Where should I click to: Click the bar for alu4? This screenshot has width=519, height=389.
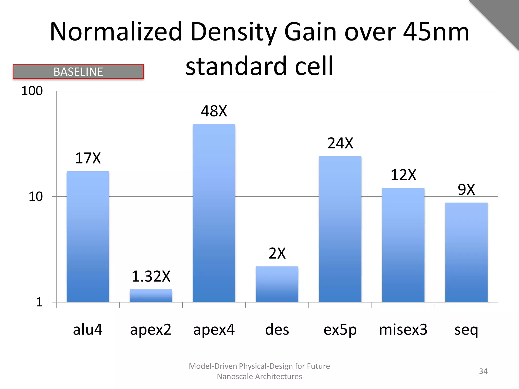[88, 237]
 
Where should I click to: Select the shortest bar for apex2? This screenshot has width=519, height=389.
[151, 296]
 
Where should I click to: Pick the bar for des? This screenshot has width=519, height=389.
[277, 284]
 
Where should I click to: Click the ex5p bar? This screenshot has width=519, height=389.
[340, 229]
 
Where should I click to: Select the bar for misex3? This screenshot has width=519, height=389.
[403, 245]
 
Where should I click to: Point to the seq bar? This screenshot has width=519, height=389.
[466, 252]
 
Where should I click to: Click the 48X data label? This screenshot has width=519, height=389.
[214, 111]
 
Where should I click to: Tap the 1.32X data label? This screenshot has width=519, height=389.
[151, 276]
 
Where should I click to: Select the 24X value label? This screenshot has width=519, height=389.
[340, 143]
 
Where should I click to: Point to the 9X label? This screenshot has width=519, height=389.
[466, 189]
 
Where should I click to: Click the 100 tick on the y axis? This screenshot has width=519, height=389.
[32, 91]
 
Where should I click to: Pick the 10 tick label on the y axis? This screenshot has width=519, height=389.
[35, 197]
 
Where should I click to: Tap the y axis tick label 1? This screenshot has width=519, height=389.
[39, 302]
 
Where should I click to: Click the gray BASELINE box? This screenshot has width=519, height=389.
[78, 72]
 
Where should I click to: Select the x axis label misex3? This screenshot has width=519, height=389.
[403, 330]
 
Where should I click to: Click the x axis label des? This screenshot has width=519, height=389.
[277, 330]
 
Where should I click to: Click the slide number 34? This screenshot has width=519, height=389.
[483, 371]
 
